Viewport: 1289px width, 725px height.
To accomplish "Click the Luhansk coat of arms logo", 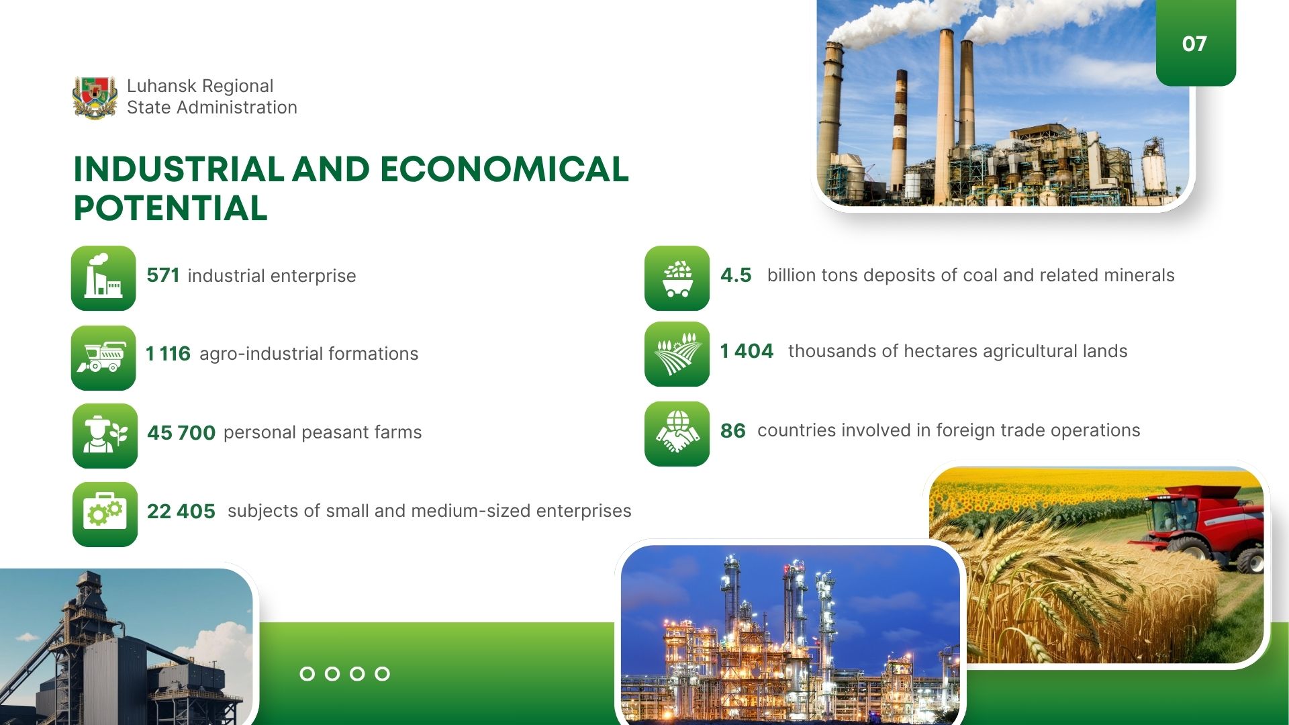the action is tap(95, 97).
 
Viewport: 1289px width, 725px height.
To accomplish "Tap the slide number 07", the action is tap(1194, 44).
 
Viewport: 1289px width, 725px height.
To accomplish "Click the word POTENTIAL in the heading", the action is tap(171, 208).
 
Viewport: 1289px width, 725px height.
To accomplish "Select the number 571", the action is tap(163, 275).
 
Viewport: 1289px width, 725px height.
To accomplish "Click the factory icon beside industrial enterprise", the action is tap(103, 278).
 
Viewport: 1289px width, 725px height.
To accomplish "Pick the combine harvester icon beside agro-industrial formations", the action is tap(103, 358).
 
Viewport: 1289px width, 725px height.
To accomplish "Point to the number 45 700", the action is tap(181, 432).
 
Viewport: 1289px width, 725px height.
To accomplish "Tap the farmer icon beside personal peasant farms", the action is tap(105, 436).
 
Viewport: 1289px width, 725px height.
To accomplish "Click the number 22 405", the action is tap(181, 512).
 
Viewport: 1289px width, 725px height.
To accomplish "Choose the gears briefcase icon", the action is tap(105, 514).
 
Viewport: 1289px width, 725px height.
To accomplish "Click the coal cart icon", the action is tap(677, 278).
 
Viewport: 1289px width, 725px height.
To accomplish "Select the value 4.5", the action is tap(736, 275).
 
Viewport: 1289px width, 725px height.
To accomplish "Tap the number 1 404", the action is tap(747, 351).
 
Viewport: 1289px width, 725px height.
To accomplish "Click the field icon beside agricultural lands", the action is tap(677, 354).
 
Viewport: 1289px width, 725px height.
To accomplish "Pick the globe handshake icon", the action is tap(677, 434).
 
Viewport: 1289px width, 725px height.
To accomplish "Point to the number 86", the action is tap(733, 430).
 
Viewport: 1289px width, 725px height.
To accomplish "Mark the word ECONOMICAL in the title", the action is tap(504, 169).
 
